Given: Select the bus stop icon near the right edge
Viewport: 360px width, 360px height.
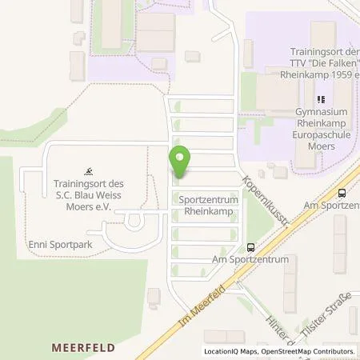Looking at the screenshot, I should pos(342,193).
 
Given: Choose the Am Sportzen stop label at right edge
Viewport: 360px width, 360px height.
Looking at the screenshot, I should pos(334,206).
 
